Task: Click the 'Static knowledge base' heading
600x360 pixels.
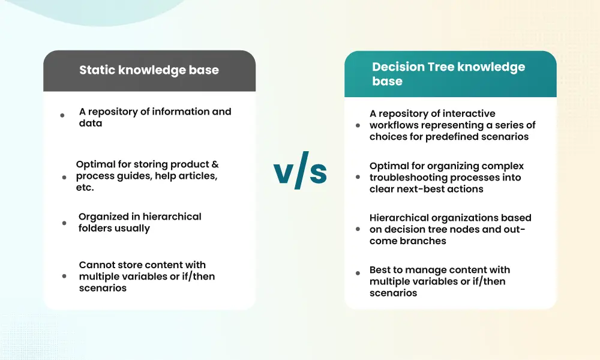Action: point(149,70)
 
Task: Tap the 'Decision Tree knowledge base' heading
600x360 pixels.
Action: point(448,74)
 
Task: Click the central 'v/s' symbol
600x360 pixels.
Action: point(300,170)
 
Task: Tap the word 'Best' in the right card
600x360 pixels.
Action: point(381,270)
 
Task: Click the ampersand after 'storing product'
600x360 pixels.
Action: point(215,164)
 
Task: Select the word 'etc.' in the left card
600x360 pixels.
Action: point(85,187)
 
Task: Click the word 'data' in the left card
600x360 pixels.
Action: point(91,123)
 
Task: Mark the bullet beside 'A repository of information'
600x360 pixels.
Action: point(62,115)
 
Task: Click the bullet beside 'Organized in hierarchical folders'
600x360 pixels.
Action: point(64,223)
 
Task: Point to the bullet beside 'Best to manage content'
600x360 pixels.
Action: point(358,273)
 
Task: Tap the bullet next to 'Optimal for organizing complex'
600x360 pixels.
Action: point(358,177)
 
